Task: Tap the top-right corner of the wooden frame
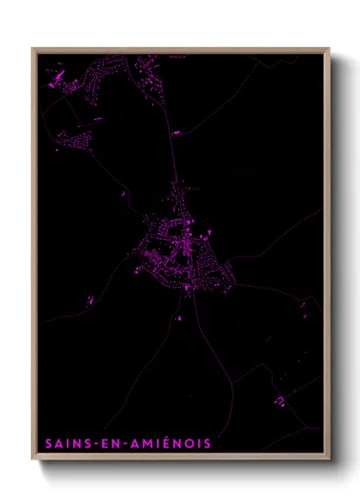[329, 49]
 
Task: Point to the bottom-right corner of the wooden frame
[329, 460]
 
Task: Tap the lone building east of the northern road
[176, 134]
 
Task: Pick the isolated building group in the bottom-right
[279, 400]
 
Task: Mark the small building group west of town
[89, 299]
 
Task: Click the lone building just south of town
[179, 320]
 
